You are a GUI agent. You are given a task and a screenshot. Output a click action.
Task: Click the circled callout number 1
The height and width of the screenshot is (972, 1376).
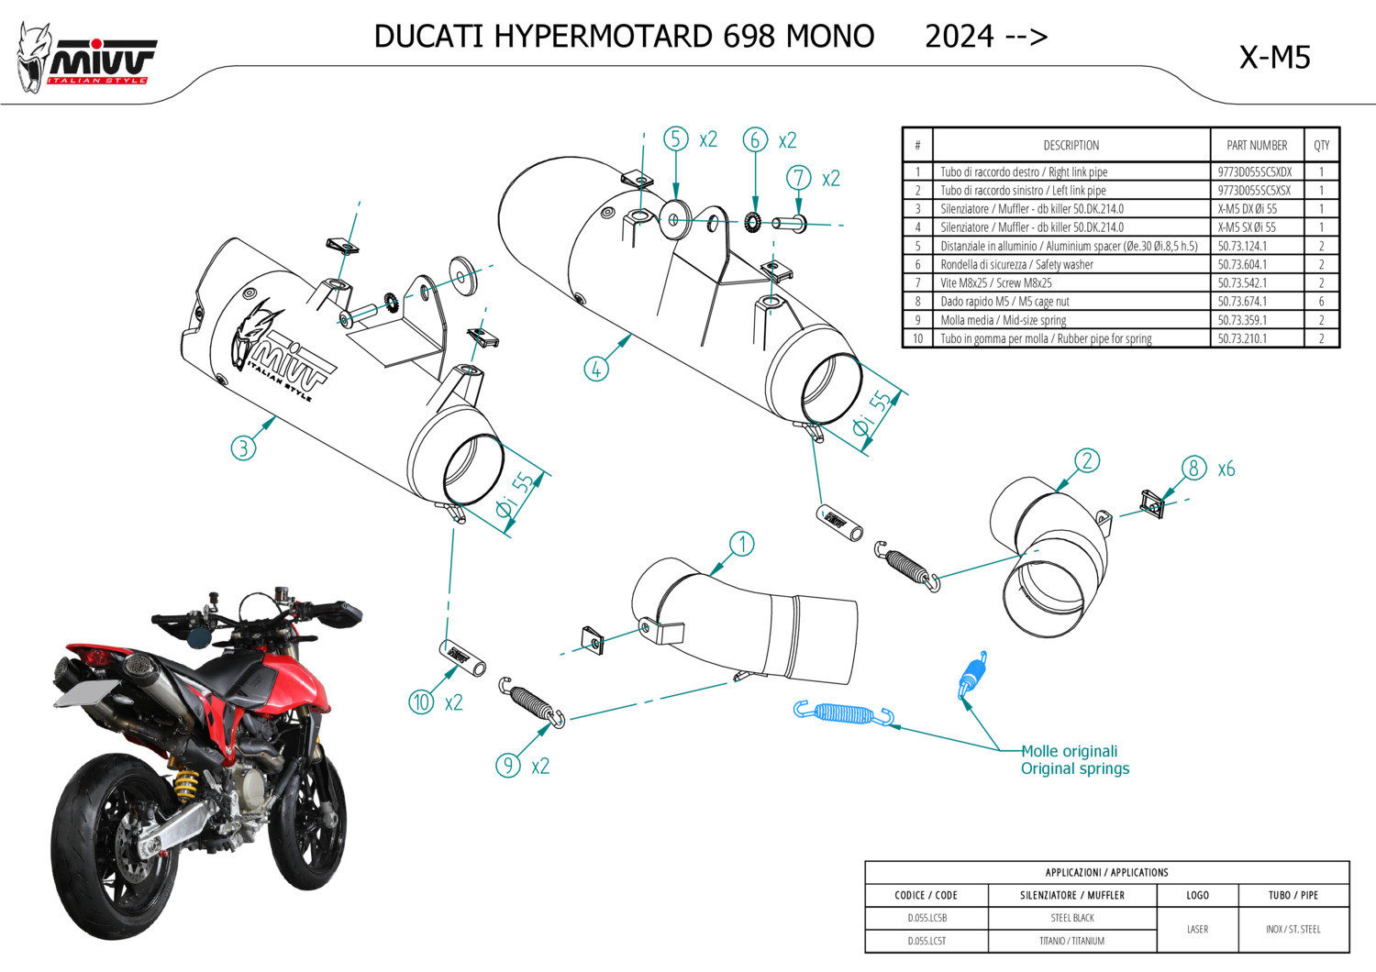point(741,545)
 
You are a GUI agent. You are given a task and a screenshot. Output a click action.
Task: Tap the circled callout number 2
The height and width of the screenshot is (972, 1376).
point(1087,460)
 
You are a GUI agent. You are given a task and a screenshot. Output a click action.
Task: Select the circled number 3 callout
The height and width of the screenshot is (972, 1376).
point(243,447)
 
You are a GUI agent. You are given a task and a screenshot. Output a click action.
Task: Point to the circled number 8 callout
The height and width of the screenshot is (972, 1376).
point(1193,469)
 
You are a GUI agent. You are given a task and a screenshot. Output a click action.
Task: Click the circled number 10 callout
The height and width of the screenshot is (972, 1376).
point(421,702)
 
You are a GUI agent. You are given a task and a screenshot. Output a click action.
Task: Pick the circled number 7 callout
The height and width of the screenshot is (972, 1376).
point(799,178)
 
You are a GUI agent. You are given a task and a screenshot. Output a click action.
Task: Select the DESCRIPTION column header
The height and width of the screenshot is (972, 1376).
point(1071,145)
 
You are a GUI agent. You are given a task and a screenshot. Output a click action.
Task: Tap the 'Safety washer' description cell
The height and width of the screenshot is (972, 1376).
point(1016,265)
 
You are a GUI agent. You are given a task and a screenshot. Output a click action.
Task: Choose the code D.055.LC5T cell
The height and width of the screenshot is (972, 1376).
point(927,941)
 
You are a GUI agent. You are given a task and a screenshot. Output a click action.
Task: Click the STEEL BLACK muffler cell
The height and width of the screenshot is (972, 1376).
point(1071,918)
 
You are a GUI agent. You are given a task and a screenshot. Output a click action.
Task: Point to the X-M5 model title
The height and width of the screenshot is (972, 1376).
point(1274,58)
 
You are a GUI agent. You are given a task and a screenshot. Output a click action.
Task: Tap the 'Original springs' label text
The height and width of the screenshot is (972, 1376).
point(1075,768)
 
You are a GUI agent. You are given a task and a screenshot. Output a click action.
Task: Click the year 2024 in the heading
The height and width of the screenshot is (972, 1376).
point(959,37)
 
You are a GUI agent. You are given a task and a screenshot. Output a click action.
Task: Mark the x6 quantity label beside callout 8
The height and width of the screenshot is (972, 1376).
point(1226,469)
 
